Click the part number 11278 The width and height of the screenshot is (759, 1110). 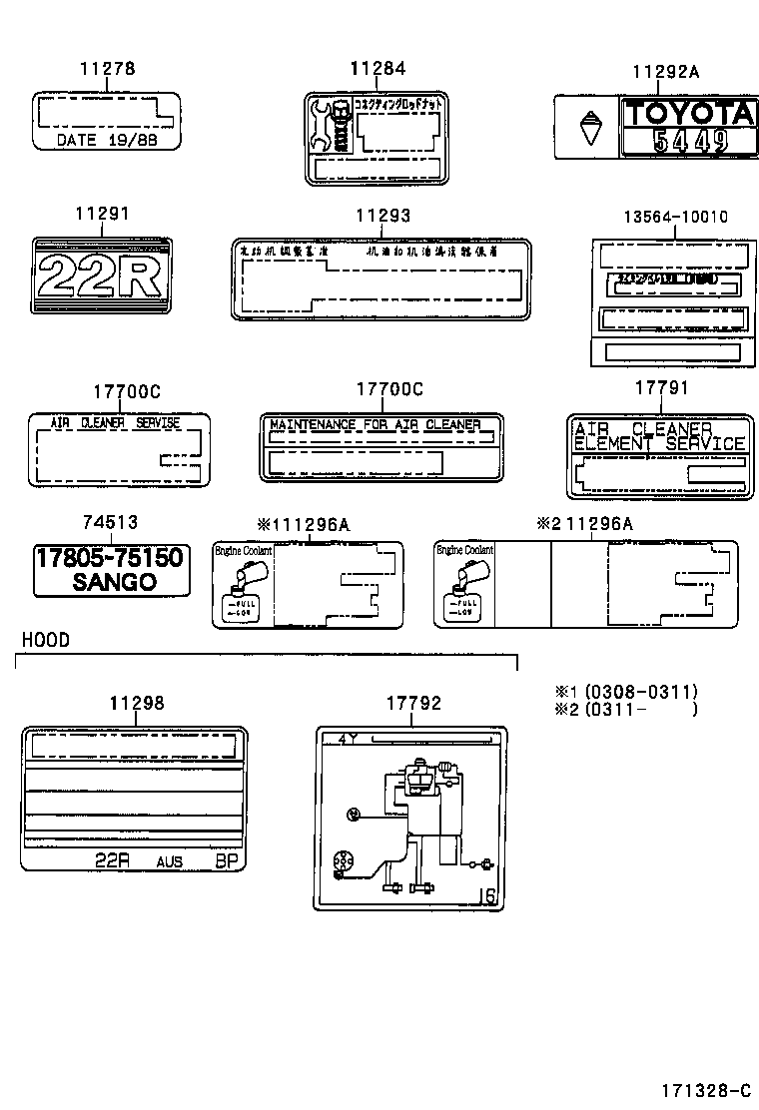pos(107,69)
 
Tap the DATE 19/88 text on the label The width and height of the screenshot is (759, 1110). pos(107,140)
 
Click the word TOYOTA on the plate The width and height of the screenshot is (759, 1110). pos(688,114)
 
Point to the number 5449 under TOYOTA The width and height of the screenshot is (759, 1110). pos(688,142)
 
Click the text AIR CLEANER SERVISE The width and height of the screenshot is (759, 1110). pos(116,423)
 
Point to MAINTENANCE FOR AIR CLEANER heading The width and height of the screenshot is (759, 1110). pos(376,425)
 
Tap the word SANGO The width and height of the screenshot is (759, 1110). pos(114,582)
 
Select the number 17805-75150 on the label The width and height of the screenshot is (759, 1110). pos(110,557)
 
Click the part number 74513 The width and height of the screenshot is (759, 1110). pos(110,522)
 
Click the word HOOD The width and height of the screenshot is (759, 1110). pos(45,640)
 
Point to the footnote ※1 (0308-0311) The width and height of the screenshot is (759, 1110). pos(626,691)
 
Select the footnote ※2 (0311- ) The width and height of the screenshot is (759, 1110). pos(626,709)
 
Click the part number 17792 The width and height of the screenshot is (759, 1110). pos(413,704)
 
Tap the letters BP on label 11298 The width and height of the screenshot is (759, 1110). pos(228,860)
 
